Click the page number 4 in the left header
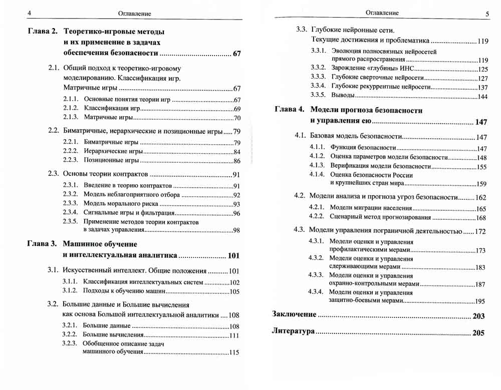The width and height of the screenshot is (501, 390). (x=30, y=14)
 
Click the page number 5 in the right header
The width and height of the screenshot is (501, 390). (x=487, y=14)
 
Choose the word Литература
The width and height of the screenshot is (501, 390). (x=293, y=332)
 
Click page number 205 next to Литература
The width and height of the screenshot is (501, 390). (x=478, y=332)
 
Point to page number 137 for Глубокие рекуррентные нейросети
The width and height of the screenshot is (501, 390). (x=482, y=87)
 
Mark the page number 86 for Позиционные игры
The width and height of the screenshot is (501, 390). (x=237, y=161)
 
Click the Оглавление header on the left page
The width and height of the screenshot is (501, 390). (x=134, y=14)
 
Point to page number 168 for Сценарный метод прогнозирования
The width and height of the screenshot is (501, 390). (x=480, y=218)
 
